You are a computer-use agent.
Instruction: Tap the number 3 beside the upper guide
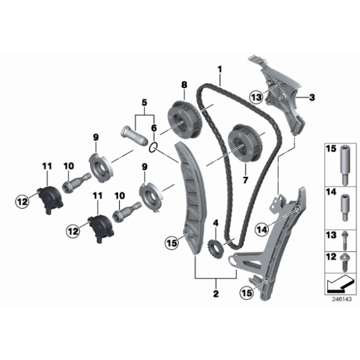[312, 97]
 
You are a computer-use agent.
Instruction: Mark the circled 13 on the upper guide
[256, 96]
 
